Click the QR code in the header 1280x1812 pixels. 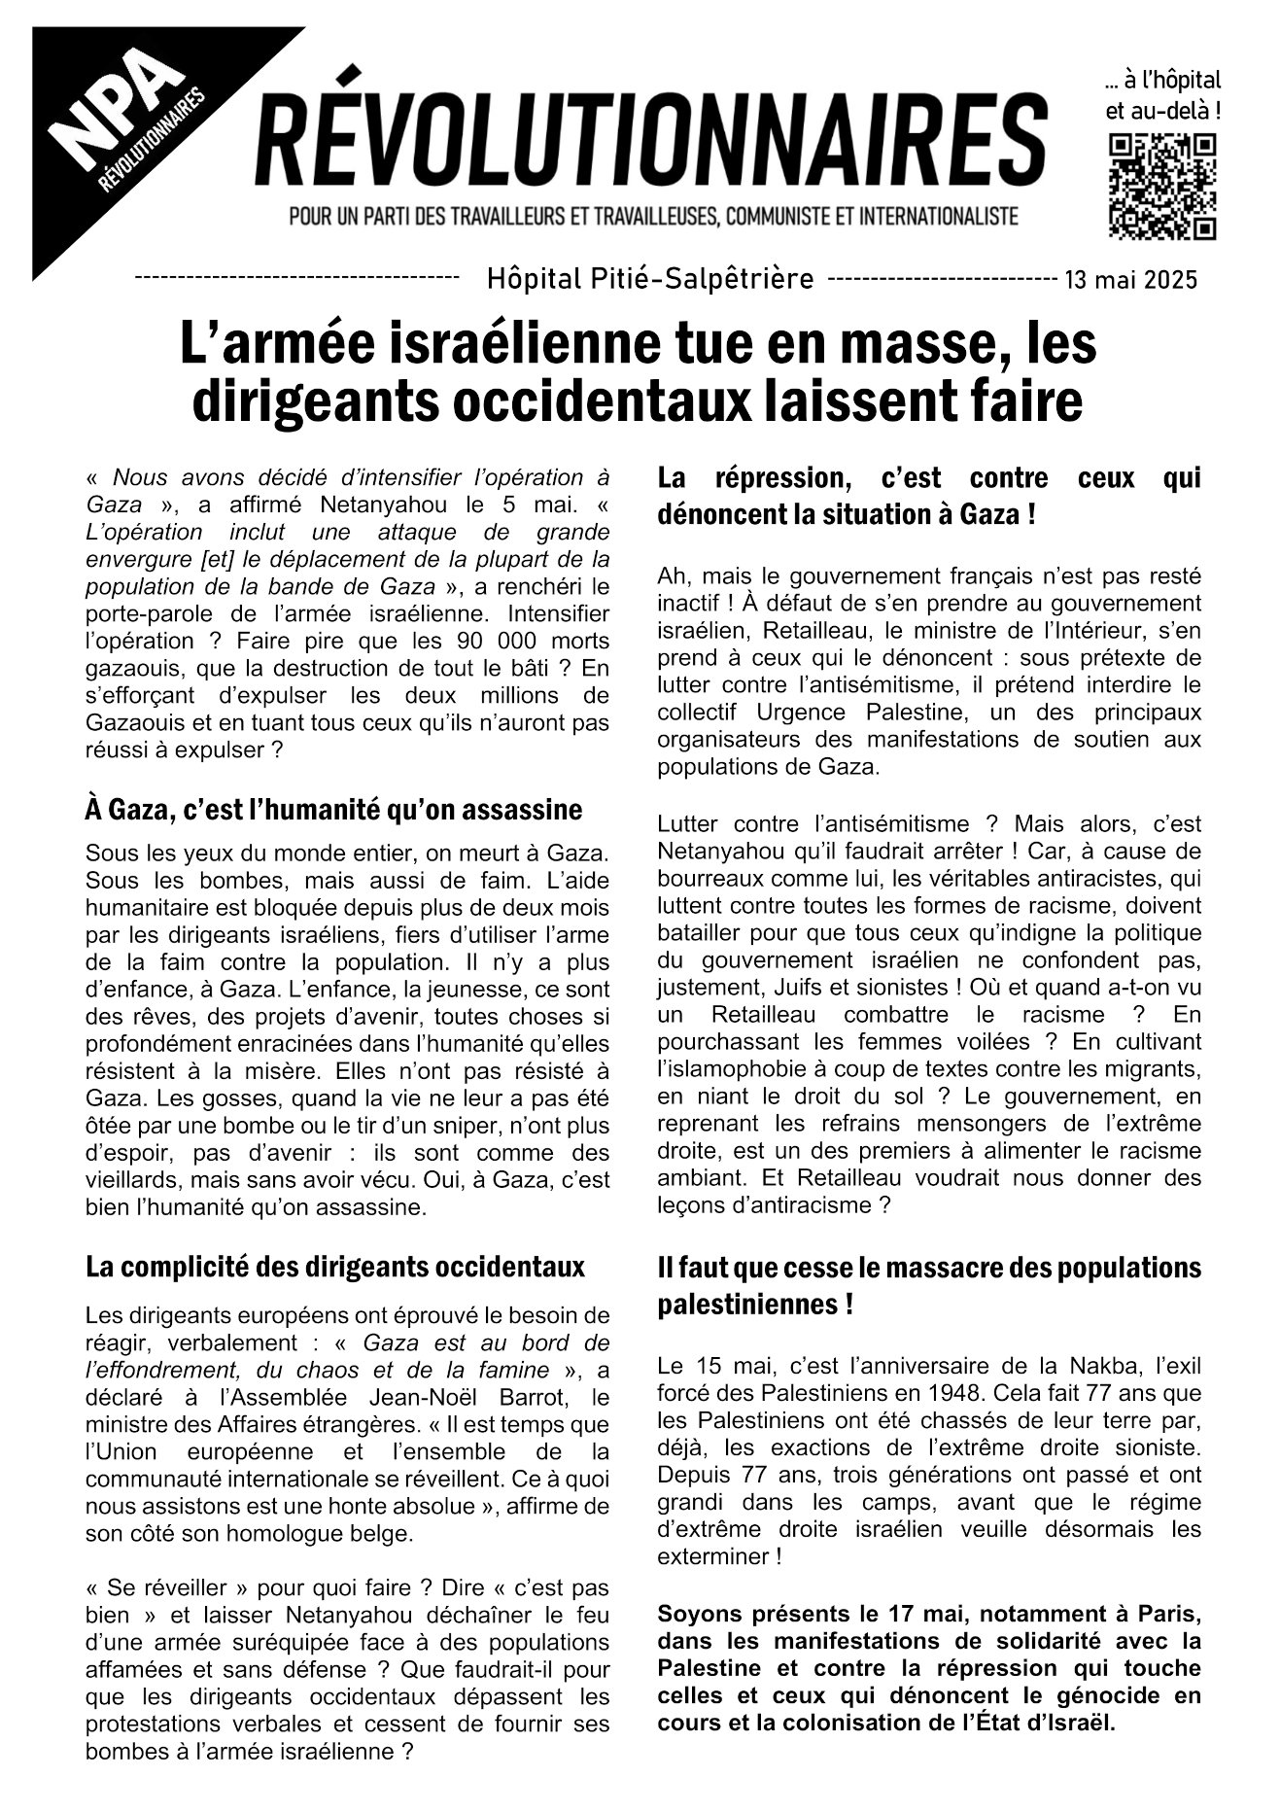coord(1162,187)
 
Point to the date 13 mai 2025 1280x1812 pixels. coord(1130,281)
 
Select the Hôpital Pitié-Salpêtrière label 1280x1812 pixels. coord(649,280)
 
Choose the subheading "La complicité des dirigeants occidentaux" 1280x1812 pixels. coord(335,1267)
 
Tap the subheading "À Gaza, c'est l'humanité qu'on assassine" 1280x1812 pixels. coord(333,809)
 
